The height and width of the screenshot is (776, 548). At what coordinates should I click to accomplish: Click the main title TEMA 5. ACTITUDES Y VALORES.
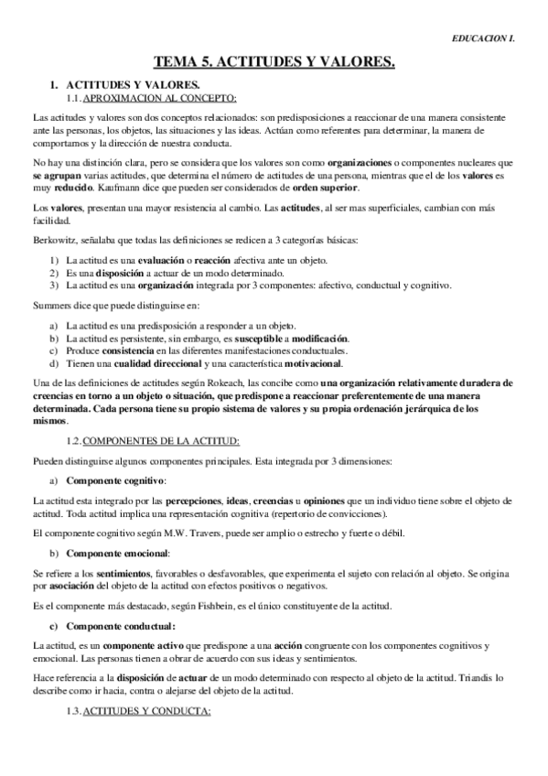274,62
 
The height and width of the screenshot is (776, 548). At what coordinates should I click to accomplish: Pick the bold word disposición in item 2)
116,273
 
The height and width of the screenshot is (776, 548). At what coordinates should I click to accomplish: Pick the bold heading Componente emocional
118,552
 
